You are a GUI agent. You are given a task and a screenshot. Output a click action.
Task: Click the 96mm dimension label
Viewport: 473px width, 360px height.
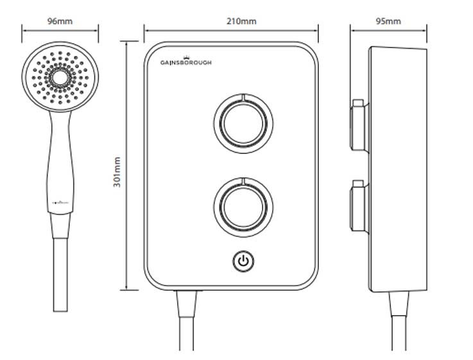click(x=60, y=21)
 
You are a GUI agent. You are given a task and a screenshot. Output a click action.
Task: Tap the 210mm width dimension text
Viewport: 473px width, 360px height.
click(x=241, y=21)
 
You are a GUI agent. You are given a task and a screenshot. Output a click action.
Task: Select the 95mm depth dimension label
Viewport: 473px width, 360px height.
click(x=388, y=21)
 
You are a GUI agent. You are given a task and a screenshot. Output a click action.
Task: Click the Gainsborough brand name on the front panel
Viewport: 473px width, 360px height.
click(x=185, y=63)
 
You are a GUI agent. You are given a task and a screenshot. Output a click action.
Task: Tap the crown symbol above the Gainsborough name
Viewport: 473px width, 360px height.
click(x=185, y=56)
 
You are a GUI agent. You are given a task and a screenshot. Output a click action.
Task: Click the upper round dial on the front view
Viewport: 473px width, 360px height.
click(x=243, y=123)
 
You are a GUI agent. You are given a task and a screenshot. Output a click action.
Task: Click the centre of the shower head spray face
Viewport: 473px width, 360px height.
click(x=60, y=78)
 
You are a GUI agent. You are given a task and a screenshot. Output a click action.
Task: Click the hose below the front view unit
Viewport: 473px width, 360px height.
click(x=187, y=327)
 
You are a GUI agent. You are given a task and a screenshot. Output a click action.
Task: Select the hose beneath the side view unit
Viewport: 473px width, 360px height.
click(x=400, y=327)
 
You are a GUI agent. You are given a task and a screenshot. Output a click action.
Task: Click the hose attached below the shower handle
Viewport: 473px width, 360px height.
click(x=60, y=276)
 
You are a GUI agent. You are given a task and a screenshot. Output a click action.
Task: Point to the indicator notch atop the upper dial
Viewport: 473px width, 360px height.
click(x=243, y=96)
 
